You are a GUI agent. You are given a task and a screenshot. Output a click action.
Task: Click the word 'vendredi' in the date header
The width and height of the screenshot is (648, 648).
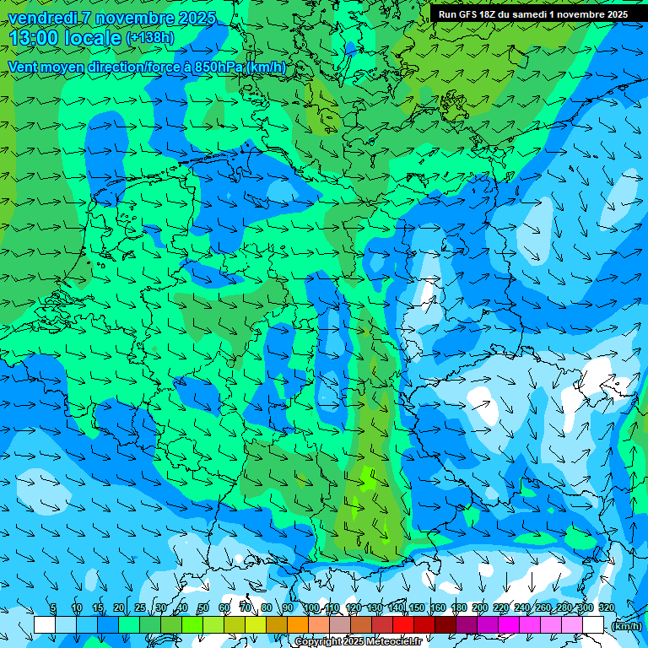tap(40, 18)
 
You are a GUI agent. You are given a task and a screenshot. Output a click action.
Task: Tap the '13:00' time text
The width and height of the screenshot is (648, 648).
tap(34, 38)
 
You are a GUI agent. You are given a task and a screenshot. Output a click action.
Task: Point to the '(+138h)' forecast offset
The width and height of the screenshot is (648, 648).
tap(149, 38)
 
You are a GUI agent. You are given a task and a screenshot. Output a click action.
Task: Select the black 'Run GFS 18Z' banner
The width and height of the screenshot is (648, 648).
tap(533, 14)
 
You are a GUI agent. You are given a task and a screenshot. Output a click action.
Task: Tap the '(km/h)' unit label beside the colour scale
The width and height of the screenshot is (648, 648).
tap(626, 625)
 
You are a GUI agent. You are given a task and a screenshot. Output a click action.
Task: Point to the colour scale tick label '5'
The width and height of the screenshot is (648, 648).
tap(53, 608)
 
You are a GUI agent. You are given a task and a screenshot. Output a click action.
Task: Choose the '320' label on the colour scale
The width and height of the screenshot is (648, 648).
tap(607, 608)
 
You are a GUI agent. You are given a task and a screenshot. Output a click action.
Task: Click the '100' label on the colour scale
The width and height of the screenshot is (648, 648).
tap(311, 608)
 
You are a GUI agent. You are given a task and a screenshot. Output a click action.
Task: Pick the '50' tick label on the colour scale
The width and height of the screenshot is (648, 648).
tap(202, 608)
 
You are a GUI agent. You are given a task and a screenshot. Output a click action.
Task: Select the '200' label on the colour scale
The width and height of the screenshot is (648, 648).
tap(480, 608)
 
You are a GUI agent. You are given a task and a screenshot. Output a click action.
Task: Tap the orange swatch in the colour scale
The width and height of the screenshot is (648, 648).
tap(298, 624)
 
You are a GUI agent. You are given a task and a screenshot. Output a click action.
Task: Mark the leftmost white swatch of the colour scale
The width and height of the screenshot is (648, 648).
tap(45, 624)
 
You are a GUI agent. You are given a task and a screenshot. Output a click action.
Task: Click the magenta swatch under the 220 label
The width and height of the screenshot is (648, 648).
tap(509, 624)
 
